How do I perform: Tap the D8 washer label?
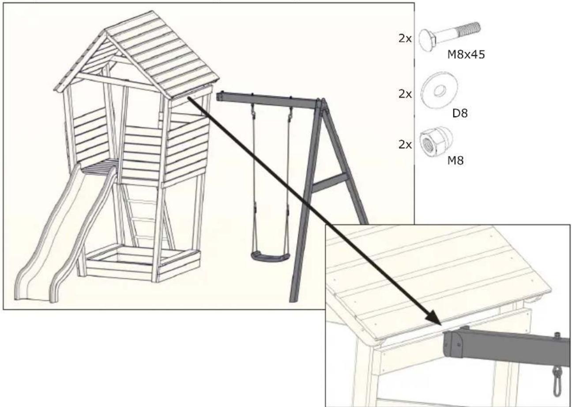point(459,114)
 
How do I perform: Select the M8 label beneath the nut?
point(455,161)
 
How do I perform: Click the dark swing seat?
point(270,256)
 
